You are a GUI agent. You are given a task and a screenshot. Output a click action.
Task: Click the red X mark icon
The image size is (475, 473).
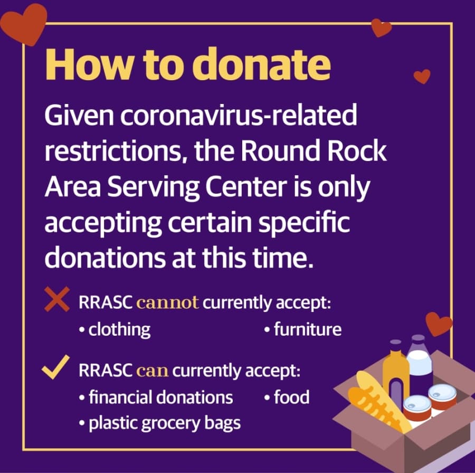57,299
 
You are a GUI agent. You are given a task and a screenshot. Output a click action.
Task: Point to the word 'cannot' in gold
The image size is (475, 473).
167,302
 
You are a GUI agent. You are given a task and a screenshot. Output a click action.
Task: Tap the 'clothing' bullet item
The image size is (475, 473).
115,329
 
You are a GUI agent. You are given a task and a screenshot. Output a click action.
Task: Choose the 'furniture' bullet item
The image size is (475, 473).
303,329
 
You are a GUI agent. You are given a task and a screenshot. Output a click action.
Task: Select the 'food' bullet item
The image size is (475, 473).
287,397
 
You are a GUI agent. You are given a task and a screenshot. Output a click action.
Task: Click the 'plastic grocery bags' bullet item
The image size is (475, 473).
160,423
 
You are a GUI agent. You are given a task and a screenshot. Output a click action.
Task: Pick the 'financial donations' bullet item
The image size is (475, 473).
156,397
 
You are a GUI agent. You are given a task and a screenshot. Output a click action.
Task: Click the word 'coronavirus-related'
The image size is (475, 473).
239,115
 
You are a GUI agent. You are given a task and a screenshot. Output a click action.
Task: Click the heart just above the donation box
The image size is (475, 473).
439,324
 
